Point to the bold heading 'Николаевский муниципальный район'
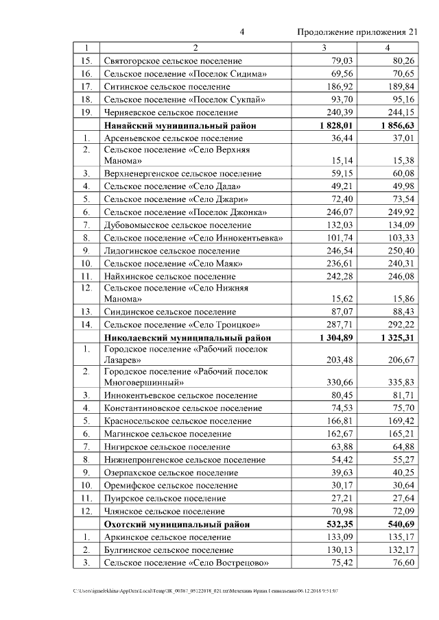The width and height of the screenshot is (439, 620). [187, 338]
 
